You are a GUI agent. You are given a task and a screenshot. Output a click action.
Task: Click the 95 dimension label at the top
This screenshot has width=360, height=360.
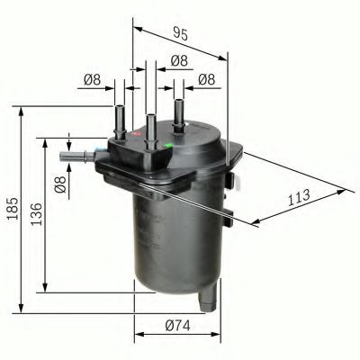click(180, 36)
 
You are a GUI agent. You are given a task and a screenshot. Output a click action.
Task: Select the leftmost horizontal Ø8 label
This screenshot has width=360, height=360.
click(91, 80)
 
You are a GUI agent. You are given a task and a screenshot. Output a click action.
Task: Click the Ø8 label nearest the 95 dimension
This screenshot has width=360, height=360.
click(179, 61)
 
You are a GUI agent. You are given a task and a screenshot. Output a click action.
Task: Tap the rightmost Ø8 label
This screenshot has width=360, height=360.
click(205, 80)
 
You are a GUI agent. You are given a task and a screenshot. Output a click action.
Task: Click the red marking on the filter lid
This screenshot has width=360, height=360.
click(137, 136)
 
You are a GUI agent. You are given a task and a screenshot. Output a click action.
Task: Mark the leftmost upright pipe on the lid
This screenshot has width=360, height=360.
click(119, 119)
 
